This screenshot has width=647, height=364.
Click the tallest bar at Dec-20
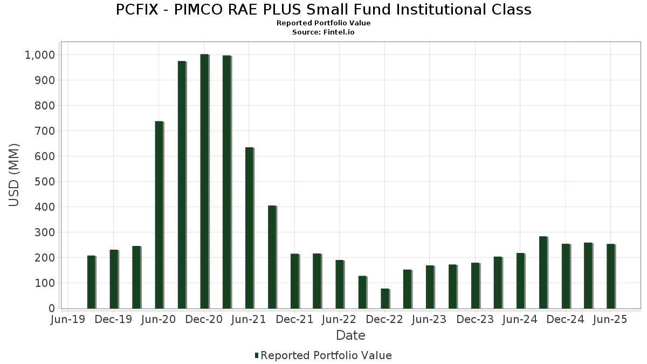(204, 181)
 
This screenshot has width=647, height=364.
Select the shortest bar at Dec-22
(385, 299)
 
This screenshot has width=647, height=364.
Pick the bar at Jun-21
(249, 228)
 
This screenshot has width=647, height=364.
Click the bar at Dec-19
(114, 279)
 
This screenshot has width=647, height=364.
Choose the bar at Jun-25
(610, 276)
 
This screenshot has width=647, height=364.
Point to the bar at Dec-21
(294, 281)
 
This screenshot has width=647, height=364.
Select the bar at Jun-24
(520, 280)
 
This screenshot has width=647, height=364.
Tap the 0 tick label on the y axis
(52, 308)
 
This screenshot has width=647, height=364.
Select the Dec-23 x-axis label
(475, 320)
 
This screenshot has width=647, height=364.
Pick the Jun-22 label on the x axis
(339, 320)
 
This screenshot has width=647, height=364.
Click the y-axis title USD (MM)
(15, 175)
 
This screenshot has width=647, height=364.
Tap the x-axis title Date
(350, 335)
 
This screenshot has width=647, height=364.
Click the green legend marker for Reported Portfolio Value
(257, 355)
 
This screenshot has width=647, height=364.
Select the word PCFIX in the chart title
(135, 10)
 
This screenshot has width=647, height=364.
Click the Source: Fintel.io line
(323, 32)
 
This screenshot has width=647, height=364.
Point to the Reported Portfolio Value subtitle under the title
(323, 23)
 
